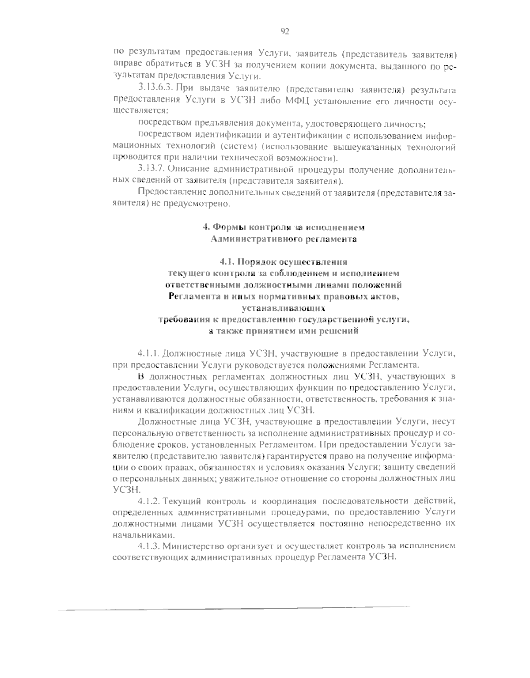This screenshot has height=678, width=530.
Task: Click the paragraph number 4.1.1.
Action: pos(148,353)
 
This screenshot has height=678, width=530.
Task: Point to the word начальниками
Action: pos(140,535)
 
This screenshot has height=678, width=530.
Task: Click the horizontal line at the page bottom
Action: pos(234,610)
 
